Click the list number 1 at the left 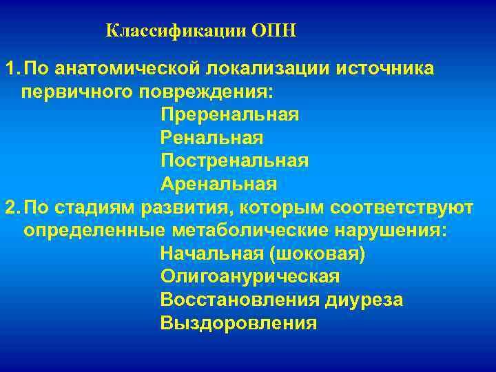[x=10, y=69]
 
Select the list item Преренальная [x=229, y=115]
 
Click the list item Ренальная [x=212, y=138]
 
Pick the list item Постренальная [x=234, y=161]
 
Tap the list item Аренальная [x=218, y=184]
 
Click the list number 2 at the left [x=10, y=207]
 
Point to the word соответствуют [x=402, y=207]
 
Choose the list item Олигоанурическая [x=249, y=276]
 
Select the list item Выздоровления [x=238, y=322]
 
